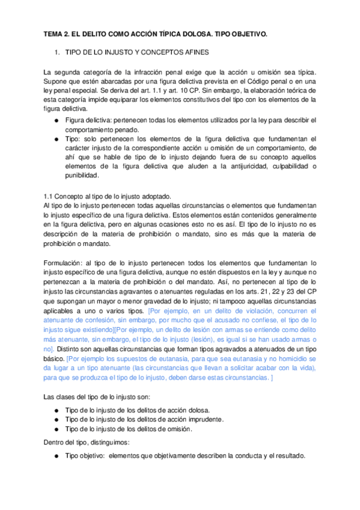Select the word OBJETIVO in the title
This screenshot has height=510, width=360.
(x=246, y=35)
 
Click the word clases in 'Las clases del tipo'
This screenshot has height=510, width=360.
(x=67, y=397)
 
